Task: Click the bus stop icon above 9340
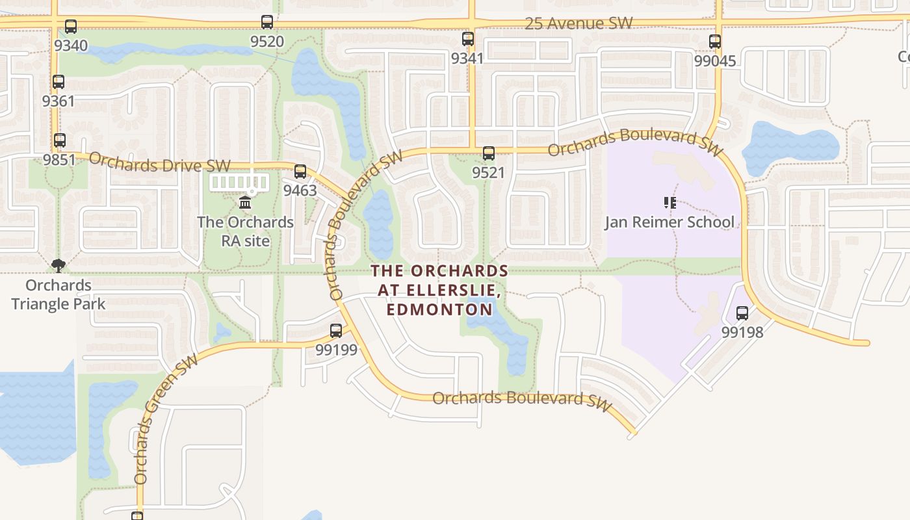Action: (x=71, y=27)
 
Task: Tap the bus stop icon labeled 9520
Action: (x=267, y=22)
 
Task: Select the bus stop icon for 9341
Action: (x=468, y=39)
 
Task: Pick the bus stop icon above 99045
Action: (x=715, y=42)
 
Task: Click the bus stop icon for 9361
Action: (x=58, y=82)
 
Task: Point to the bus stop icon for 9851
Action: (x=60, y=140)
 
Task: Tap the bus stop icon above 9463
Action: (x=300, y=172)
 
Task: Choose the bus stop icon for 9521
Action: (x=489, y=153)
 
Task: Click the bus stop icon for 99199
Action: (x=336, y=330)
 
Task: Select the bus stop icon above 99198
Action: (x=742, y=313)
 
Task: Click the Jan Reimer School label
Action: (x=669, y=222)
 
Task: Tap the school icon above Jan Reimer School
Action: (x=670, y=203)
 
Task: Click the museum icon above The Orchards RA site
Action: (x=245, y=203)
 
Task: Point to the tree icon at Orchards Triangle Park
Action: (x=58, y=265)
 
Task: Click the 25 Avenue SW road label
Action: (x=578, y=23)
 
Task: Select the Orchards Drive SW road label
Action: (x=159, y=162)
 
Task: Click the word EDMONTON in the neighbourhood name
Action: (x=439, y=309)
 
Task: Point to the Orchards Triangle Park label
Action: (x=58, y=294)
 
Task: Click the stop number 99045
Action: (x=715, y=61)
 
